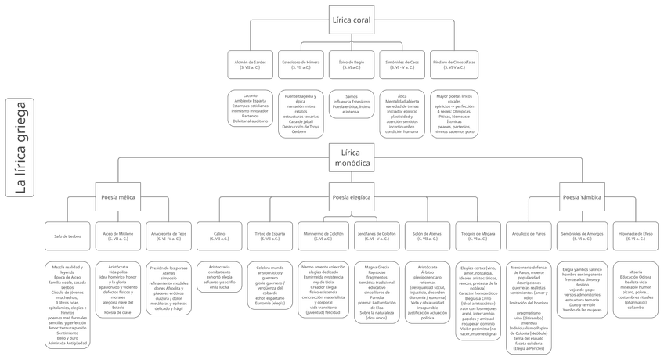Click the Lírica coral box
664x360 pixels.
(351, 20)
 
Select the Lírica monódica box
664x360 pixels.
(351, 157)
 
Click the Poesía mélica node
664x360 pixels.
(117, 197)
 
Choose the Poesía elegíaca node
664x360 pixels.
(351, 197)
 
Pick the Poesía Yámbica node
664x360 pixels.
(582, 197)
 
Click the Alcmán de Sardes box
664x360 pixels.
(250, 64)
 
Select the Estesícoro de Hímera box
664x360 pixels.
(301, 64)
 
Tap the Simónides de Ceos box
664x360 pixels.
(402, 64)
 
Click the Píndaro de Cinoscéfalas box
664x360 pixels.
(454, 64)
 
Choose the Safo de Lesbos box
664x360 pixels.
(67, 236)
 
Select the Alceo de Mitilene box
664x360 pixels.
(117, 236)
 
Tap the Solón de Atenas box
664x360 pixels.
(428, 236)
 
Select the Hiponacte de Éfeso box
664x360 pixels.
(636, 236)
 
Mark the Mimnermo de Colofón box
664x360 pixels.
(322, 236)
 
